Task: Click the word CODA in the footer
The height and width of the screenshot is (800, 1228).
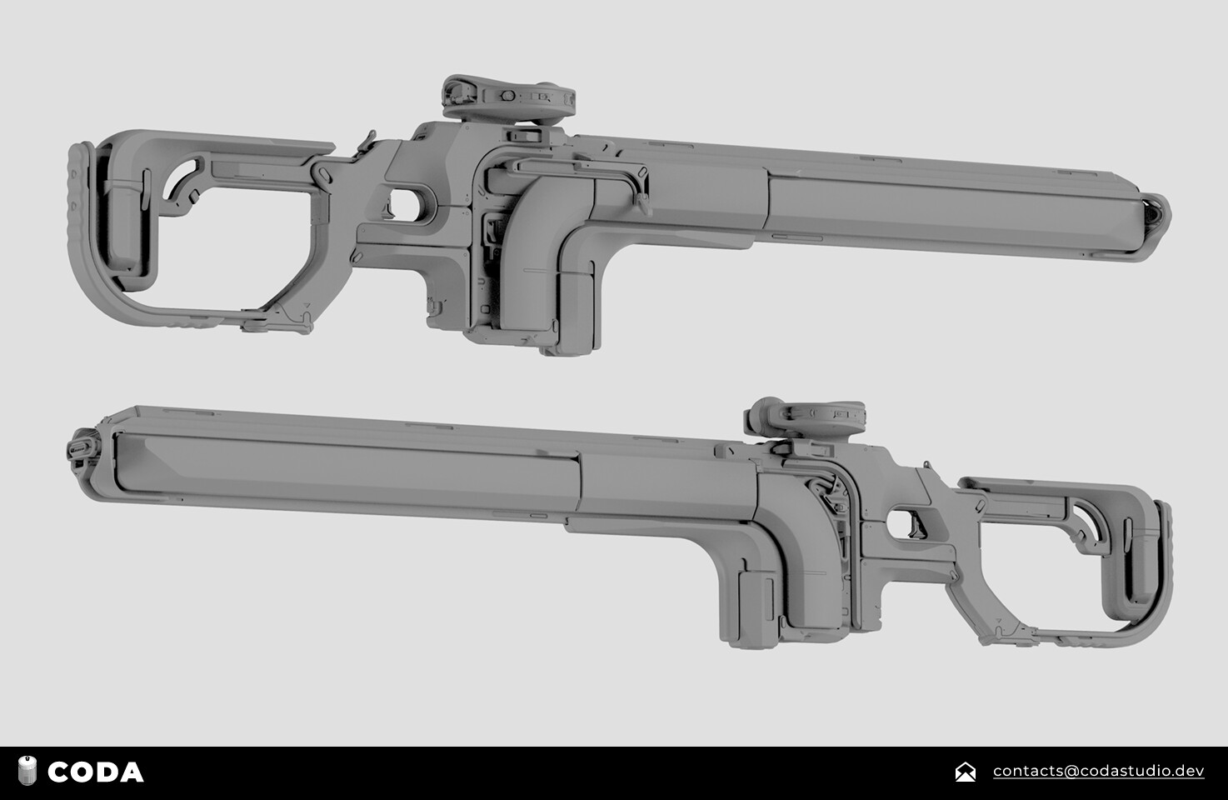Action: pyautogui.click(x=95, y=772)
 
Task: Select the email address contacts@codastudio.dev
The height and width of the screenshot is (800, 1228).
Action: pyautogui.click(x=1098, y=771)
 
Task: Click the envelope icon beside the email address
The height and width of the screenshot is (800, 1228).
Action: pyautogui.click(x=965, y=772)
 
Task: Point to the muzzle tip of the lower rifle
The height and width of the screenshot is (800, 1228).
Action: pyautogui.click(x=80, y=447)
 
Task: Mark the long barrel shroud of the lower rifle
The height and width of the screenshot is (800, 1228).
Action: pyautogui.click(x=350, y=467)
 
